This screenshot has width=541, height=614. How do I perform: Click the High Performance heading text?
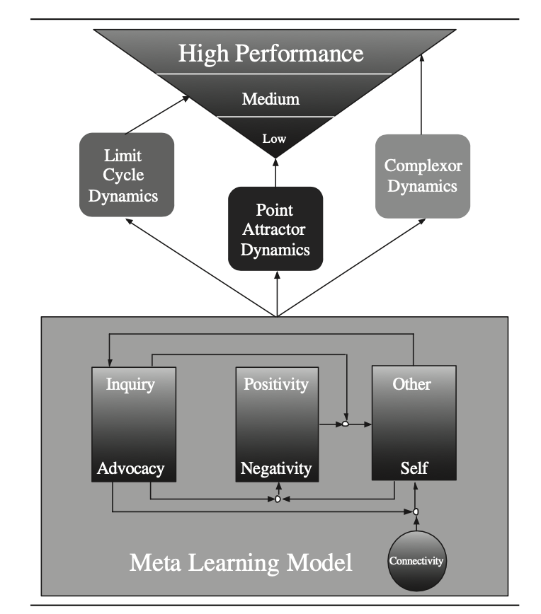point(270,54)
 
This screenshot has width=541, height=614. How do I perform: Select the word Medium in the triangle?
point(270,99)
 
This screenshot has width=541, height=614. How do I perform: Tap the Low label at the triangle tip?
point(274,139)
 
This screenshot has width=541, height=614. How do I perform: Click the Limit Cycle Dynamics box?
point(127,174)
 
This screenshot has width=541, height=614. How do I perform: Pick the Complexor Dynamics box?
point(422,175)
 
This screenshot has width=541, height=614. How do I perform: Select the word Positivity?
point(276,384)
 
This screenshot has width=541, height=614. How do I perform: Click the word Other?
point(412,384)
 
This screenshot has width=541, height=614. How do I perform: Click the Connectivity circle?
point(416,561)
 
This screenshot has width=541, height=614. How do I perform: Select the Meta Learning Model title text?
point(241,563)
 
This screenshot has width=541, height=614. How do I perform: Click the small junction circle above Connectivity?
point(416,511)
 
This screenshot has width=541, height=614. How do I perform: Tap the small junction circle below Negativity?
point(278,499)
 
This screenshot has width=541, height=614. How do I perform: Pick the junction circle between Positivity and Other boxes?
point(346,424)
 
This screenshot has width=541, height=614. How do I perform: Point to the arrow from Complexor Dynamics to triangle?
point(422,92)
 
